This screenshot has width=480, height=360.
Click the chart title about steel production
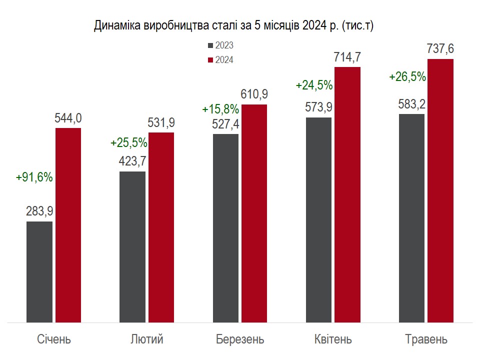[x=233, y=26]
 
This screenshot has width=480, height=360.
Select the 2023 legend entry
[x=220, y=45]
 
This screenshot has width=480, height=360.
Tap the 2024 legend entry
[x=220, y=60]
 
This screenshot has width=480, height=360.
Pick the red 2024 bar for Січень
[x=68, y=225]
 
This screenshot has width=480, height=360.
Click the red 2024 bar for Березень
[x=254, y=213]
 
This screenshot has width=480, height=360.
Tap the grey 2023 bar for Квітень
[x=318, y=219]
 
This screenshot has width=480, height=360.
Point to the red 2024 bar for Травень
[x=440, y=190]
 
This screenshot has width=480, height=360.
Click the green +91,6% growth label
[x=34, y=177]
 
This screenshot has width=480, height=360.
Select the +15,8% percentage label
[x=220, y=109]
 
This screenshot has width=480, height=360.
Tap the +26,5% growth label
[x=407, y=77]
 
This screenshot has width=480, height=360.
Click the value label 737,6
[x=440, y=48]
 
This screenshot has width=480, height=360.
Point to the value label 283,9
[x=39, y=211]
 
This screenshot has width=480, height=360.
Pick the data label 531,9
[x=161, y=122]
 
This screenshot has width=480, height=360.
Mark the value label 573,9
[x=318, y=107]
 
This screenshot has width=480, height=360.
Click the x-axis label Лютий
[x=146, y=339]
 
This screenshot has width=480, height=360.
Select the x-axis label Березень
[x=240, y=339]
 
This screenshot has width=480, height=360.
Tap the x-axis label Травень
[x=426, y=339]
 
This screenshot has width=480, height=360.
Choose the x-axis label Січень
[x=54, y=339]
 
